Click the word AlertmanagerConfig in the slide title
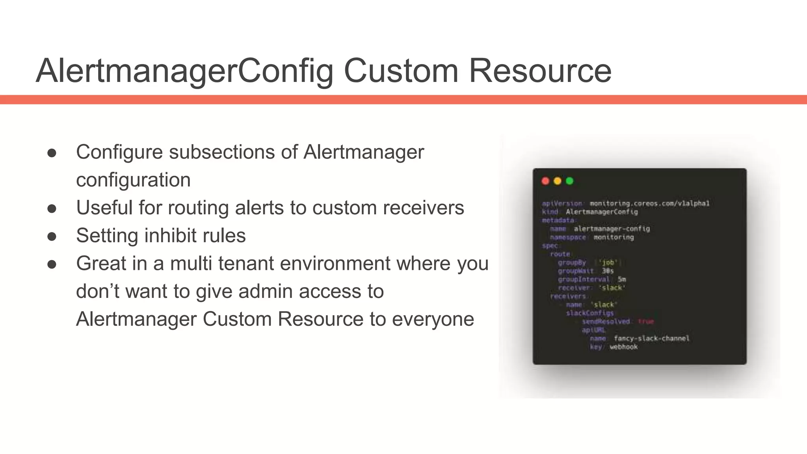pos(184,71)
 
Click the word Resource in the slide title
pos(540,71)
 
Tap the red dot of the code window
pos(545,181)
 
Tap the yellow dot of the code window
pos(557,181)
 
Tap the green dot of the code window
pos(569,181)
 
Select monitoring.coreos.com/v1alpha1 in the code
pos(649,203)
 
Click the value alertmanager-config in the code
pos(612,229)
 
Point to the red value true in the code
pos(646,322)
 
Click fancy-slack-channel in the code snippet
pos(651,339)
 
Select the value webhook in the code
pos(623,347)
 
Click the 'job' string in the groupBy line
pos(608,262)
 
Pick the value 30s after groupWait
pos(608,271)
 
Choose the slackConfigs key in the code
pos(590,313)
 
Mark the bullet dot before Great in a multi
pos(52,264)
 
